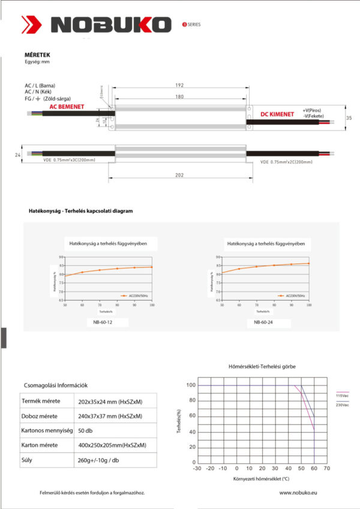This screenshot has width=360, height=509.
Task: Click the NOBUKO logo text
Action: click(x=112, y=25)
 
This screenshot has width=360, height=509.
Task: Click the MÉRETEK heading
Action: click(x=31, y=55)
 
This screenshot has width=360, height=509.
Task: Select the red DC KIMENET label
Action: click(x=277, y=113)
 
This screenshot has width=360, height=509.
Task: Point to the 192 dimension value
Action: click(x=179, y=86)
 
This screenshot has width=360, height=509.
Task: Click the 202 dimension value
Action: click(x=179, y=175)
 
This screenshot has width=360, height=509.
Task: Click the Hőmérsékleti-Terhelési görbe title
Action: click(x=262, y=366)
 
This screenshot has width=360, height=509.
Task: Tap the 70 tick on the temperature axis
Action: click(x=327, y=468)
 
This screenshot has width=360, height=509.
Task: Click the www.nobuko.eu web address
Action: click(x=298, y=492)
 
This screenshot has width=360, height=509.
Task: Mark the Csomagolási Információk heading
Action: click(x=55, y=385)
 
